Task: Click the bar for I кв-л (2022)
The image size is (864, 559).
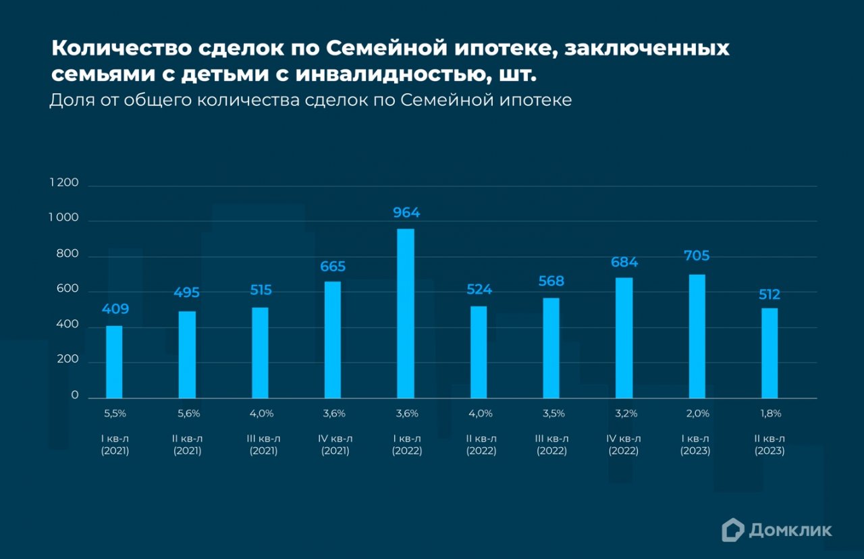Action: (x=406, y=313)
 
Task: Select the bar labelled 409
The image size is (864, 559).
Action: (x=114, y=362)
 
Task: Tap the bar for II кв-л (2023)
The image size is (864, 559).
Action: (x=769, y=353)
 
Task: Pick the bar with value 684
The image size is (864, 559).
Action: (x=624, y=338)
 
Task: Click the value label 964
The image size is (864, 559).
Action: (x=406, y=213)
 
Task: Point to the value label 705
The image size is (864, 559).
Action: (x=697, y=256)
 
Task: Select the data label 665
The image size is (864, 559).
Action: (x=333, y=267)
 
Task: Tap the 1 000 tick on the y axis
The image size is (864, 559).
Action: (x=63, y=219)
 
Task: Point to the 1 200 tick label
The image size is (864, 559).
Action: (x=63, y=183)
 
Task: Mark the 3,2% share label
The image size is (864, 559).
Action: (x=624, y=413)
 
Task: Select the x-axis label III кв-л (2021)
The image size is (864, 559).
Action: (x=263, y=445)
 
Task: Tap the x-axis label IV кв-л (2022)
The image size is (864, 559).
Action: (x=624, y=445)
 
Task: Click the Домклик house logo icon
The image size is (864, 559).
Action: (x=732, y=530)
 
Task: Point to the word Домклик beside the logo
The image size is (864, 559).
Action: (x=790, y=531)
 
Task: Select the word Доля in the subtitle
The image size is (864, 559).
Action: (x=71, y=101)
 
